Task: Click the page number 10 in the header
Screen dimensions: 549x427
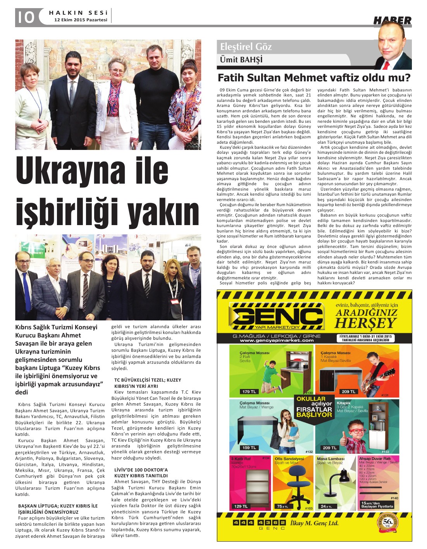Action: tap(25, 17)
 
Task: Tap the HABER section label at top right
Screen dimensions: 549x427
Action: tap(392, 20)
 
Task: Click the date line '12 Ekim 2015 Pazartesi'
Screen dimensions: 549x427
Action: tap(81, 19)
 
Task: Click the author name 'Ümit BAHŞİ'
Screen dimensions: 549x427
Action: tap(241, 60)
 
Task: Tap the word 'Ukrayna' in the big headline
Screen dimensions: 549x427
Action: tap(72, 171)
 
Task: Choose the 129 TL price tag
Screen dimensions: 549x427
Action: tap(241, 506)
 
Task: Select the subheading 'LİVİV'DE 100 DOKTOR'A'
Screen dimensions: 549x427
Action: tap(141, 470)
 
